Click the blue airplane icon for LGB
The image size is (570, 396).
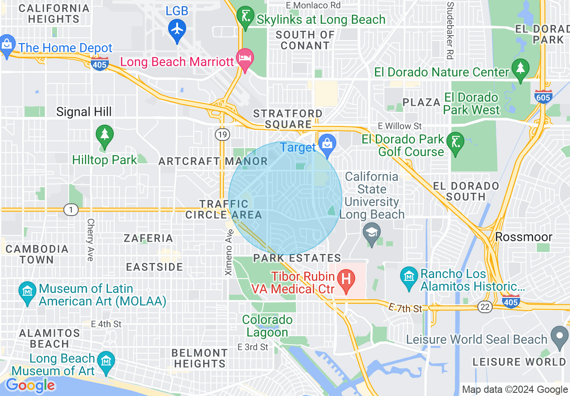(x=177, y=29)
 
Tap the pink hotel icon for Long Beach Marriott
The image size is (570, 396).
(x=245, y=59)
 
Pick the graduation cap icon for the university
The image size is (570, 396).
(x=372, y=233)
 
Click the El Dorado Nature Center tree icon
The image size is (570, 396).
(x=521, y=69)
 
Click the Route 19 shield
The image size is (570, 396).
(x=222, y=134)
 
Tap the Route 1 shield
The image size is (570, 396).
(x=71, y=210)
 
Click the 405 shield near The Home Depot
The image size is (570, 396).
(x=99, y=64)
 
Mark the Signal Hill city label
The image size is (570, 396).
(x=84, y=112)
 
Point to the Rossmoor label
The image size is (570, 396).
(x=523, y=237)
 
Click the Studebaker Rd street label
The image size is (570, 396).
(x=450, y=31)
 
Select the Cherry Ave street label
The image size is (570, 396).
(x=90, y=240)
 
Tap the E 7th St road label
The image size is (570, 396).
(x=406, y=308)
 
